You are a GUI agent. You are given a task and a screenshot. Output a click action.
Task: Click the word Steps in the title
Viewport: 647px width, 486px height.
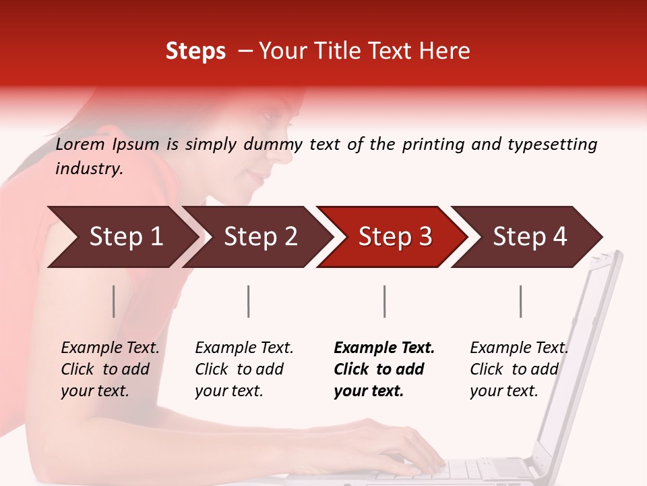point(195,51)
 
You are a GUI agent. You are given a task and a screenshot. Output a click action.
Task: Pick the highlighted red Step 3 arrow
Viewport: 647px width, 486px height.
point(395,237)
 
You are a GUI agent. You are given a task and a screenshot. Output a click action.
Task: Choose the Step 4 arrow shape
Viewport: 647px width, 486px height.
point(530,237)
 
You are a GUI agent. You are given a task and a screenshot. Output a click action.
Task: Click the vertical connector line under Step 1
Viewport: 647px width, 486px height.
point(114,301)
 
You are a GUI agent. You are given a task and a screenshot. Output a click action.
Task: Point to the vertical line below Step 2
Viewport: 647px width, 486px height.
point(249,301)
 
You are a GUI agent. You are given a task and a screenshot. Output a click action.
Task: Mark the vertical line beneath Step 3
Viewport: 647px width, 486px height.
point(384,301)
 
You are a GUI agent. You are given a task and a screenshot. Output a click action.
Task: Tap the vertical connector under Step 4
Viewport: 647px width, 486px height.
point(520,301)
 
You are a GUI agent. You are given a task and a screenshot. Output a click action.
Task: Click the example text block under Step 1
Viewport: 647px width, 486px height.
point(109,369)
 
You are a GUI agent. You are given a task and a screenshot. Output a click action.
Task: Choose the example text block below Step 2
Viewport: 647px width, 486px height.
point(243,369)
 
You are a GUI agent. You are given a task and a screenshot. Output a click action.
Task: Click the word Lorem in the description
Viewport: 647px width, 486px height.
point(80,144)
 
